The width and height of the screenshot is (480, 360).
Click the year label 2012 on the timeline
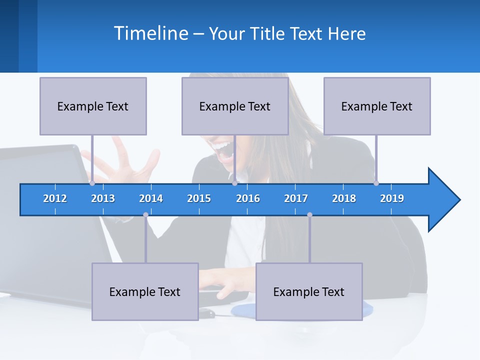(x=55, y=198)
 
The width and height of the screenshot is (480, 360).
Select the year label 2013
(x=103, y=198)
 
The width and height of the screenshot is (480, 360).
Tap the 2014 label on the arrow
(x=151, y=198)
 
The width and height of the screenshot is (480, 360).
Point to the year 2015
(x=199, y=198)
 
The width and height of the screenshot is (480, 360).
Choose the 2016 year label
(x=248, y=198)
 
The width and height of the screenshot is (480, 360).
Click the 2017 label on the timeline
(x=296, y=198)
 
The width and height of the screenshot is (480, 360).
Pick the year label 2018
(x=344, y=198)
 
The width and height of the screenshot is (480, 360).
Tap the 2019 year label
(x=392, y=198)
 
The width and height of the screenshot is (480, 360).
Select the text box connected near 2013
(x=93, y=106)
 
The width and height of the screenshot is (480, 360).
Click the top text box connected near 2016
(x=235, y=106)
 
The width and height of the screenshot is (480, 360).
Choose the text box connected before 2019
(x=377, y=106)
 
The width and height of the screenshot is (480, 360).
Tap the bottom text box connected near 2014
(x=145, y=291)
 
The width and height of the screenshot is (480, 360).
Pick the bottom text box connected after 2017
(x=309, y=291)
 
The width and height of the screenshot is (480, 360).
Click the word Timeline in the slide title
(x=150, y=33)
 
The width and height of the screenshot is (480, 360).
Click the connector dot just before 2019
(x=376, y=183)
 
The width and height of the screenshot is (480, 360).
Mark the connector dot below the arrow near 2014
(x=145, y=215)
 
